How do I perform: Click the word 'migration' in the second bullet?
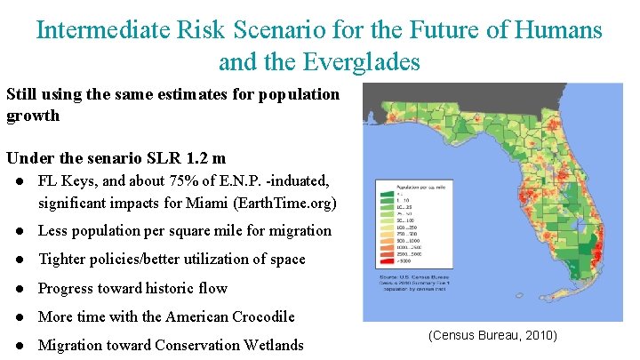[300, 231]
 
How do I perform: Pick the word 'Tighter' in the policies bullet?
[62, 260]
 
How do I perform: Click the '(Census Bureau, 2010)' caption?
[492, 335]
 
